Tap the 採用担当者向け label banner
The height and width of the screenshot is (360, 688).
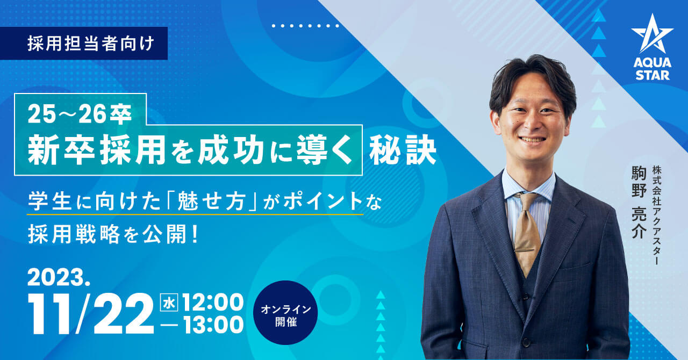(x=84, y=44)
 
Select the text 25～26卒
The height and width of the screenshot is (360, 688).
(x=80, y=114)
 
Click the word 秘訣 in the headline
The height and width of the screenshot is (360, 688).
(x=403, y=150)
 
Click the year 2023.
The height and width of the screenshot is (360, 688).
(x=59, y=278)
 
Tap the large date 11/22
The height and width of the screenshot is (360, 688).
(x=91, y=313)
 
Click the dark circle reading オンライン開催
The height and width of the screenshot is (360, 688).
(x=285, y=312)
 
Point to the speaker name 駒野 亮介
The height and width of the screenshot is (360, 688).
(x=639, y=202)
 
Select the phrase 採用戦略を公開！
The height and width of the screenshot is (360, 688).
(x=113, y=234)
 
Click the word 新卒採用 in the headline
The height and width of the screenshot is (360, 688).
(x=97, y=150)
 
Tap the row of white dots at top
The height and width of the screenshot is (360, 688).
(x=305, y=26)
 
